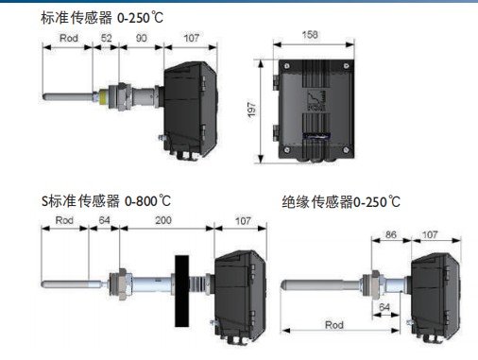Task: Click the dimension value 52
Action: click(x=107, y=38)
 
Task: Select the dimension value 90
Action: click(x=141, y=38)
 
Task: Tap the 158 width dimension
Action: click(x=310, y=35)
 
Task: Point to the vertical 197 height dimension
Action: click(x=251, y=110)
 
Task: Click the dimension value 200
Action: click(x=163, y=220)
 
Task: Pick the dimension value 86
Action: click(x=391, y=234)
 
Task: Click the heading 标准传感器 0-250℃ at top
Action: click(x=102, y=18)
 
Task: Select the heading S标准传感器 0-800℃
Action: click(x=106, y=201)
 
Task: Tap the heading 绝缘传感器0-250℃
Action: click(x=341, y=202)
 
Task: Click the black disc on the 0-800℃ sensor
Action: click(x=182, y=291)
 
